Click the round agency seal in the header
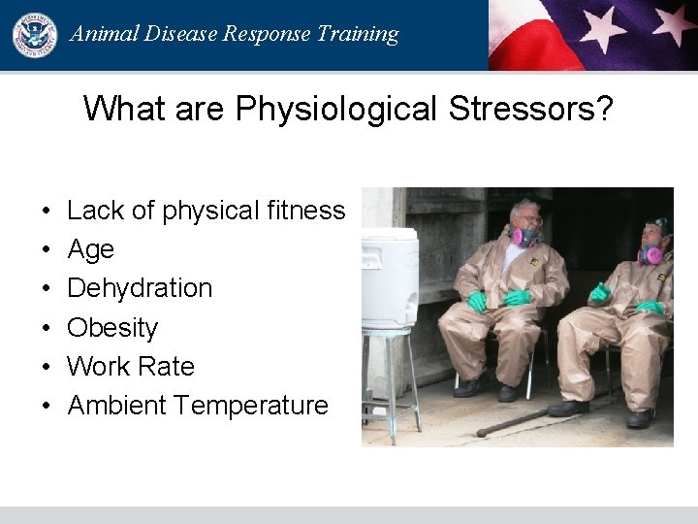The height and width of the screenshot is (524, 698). tap(34, 34)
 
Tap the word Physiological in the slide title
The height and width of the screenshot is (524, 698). tap(335, 109)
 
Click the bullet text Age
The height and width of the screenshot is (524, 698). tap(90, 249)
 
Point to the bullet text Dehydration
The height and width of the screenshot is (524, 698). tap(140, 288)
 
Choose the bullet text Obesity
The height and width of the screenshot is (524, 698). tap(111, 328)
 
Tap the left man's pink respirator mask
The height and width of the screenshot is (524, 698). tap(525, 236)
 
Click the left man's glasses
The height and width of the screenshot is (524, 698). tap(528, 219)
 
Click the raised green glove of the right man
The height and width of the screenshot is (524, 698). tap(601, 291)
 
